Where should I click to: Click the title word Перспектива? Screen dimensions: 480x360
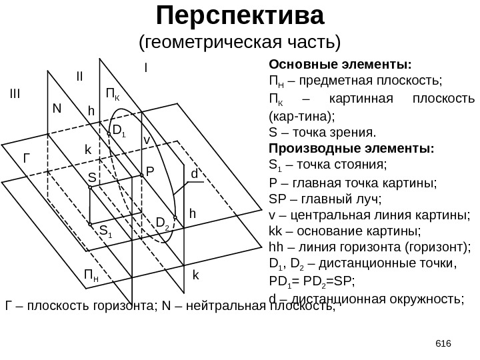239,14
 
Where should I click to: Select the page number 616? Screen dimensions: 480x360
443,343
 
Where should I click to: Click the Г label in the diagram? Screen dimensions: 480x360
27,159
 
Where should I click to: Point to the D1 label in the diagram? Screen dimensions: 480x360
119,131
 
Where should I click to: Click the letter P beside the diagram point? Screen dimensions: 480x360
150,171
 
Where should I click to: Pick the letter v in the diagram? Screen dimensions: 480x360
147,140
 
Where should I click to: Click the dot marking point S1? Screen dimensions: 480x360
91,226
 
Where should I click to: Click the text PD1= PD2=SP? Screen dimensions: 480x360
312,280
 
